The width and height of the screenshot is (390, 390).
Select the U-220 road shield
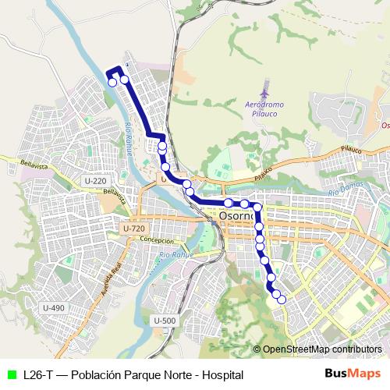click(94, 181)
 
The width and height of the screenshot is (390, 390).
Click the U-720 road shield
click(133, 228)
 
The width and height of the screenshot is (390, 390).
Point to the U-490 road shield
click(54, 307)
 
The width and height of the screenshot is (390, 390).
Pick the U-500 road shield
click(165, 321)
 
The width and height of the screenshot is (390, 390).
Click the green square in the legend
click(11, 375)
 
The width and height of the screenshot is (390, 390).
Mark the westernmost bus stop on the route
click(112, 82)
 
